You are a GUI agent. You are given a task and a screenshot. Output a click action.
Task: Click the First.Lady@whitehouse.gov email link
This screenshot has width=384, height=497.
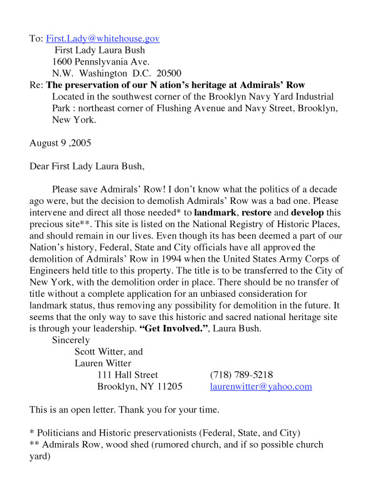pyautogui.click(x=102, y=38)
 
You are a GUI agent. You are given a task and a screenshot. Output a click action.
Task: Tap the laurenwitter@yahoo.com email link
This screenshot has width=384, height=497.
pyautogui.click(x=260, y=387)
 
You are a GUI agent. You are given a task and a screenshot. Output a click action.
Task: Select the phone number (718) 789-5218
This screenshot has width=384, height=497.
pyautogui.click(x=242, y=375)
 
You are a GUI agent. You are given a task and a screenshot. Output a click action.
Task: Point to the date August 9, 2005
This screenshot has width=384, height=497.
pyautogui.click(x=60, y=142)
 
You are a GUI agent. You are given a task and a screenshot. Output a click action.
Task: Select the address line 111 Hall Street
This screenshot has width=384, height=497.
pyautogui.click(x=127, y=375)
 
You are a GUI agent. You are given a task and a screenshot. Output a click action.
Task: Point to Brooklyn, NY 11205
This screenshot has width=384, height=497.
pyautogui.click(x=139, y=387)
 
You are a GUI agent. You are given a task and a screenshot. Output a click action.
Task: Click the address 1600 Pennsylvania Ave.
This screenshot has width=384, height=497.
pyautogui.click(x=101, y=61)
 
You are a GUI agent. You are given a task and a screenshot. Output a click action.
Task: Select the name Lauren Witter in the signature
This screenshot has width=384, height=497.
pyautogui.click(x=102, y=363)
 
